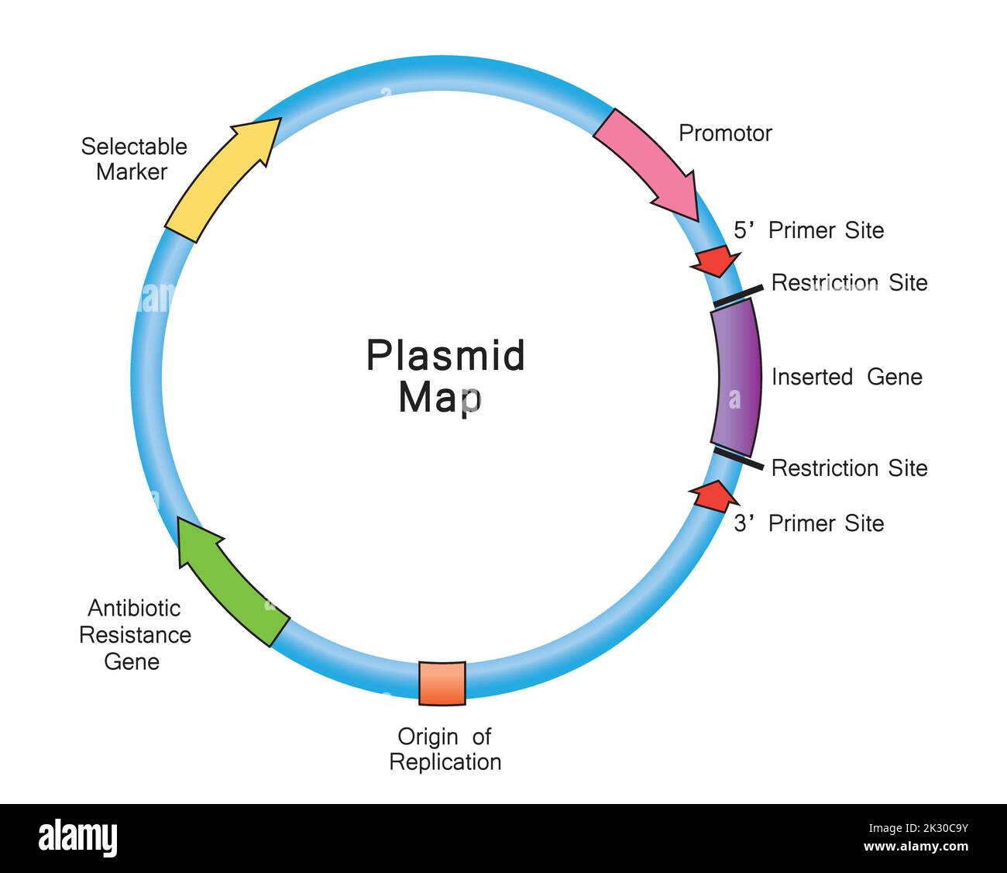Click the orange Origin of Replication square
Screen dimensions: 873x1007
442,683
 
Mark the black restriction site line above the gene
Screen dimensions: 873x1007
738,293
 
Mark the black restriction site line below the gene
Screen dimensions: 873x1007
738,458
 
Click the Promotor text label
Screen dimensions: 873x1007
725,133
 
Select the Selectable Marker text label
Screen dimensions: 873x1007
134,159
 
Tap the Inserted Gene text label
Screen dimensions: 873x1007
847,378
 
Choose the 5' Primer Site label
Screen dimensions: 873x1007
809,230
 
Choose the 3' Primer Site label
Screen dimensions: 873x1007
809,523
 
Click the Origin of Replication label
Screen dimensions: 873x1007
445,749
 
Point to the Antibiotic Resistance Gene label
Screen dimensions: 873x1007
135,635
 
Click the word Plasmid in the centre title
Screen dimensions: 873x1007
445,356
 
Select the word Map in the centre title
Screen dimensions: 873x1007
440,397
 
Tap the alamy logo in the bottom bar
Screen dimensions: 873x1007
78,838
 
